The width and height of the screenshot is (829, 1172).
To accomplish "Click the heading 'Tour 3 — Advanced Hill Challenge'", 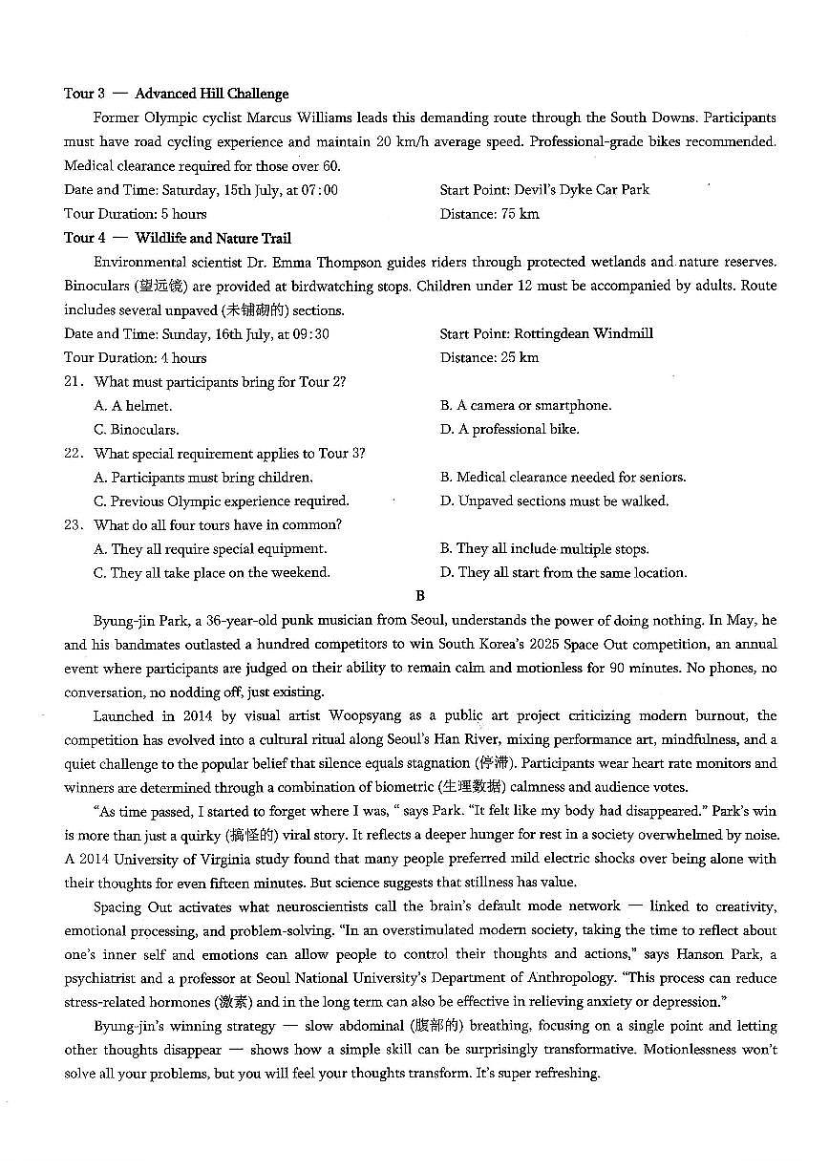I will [x=176, y=94].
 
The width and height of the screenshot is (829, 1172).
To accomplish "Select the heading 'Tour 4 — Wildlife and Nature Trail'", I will [x=178, y=238].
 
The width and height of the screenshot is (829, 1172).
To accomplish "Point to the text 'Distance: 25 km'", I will [x=489, y=357].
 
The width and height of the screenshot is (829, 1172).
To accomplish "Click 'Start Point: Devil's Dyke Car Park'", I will [x=544, y=189].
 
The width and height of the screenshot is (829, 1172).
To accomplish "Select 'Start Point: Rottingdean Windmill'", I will [x=546, y=333].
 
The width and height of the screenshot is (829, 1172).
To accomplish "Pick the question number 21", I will [x=74, y=382].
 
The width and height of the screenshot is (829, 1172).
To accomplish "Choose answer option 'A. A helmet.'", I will [x=133, y=406].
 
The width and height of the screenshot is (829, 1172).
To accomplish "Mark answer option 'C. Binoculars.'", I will [x=136, y=430].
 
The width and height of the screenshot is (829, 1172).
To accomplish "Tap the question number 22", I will [x=74, y=454].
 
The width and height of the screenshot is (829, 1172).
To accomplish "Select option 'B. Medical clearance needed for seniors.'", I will [x=563, y=478].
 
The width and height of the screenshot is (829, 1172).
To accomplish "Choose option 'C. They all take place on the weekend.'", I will [x=211, y=573].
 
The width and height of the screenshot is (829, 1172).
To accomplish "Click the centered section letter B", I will [x=419, y=596].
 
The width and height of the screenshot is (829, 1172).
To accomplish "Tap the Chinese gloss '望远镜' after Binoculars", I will [x=167, y=286].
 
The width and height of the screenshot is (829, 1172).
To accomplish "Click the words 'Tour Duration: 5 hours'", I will [x=135, y=214].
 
